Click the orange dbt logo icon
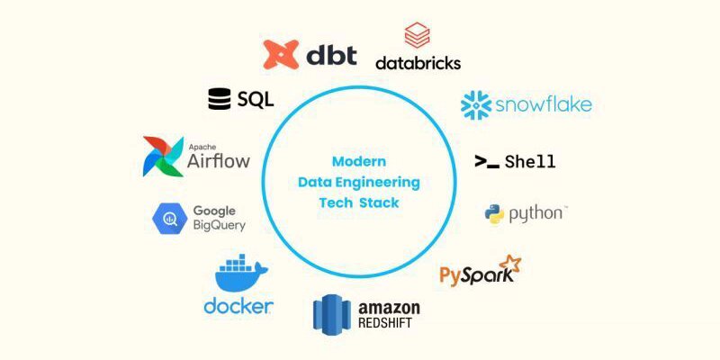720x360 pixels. pos(280,54)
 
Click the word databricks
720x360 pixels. pos(418,63)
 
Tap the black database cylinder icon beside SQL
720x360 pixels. pos(219,99)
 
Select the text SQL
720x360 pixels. pos(256,99)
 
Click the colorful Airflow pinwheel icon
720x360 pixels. pos(163,156)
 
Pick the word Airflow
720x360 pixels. pos(218,162)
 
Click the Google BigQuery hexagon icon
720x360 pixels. pos(169,217)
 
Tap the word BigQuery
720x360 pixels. pos(218,226)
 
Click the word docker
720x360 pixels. pos(238,306)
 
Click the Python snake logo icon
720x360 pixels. pos(493,214)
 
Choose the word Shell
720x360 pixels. pos(529,162)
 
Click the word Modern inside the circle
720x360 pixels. pos(359,162)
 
